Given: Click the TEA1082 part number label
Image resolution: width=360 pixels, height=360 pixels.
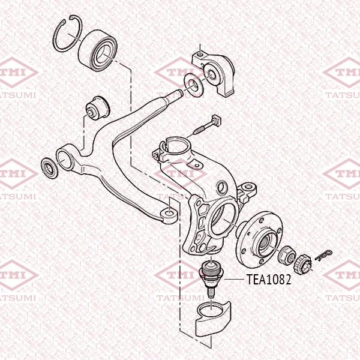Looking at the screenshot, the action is pyautogui.click(x=269, y=280).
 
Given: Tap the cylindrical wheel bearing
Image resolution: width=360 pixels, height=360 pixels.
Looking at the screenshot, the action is pyautogui.click(x=98, y=50).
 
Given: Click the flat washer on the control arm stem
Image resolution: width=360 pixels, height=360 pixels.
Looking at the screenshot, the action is pyautogui.click(x=194, y=86).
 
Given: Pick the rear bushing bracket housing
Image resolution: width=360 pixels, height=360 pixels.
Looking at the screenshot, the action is pyautogui.click(x=214, y=74).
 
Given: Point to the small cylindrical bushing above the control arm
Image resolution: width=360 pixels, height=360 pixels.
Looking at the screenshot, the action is pyautogui.click(x=98, y=107).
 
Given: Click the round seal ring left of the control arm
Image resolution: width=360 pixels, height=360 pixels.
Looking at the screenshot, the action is pyautogui.click(x=49, y=168).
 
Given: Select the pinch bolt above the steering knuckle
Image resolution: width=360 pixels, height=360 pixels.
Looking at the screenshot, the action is pyautogui.click(x=208, y=125).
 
